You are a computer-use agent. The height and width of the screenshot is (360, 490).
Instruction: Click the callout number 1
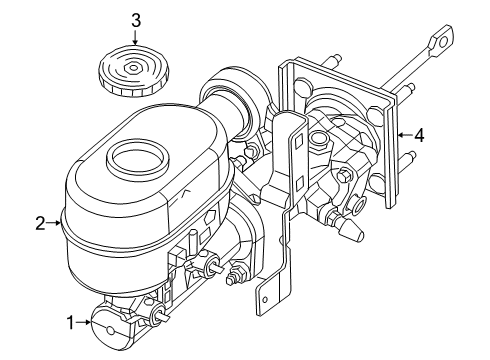[71, 322]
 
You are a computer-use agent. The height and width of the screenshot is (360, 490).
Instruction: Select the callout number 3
[136, 19]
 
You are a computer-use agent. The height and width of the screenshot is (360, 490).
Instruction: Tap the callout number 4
[420, 135]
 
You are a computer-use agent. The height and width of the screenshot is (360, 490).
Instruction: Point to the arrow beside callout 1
[84, 322]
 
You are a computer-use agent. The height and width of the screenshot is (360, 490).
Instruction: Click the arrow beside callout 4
[404, 135]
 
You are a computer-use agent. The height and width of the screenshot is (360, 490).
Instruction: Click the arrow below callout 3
[136, 40]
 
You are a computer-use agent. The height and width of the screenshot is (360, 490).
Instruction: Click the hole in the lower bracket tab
[266, 295]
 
